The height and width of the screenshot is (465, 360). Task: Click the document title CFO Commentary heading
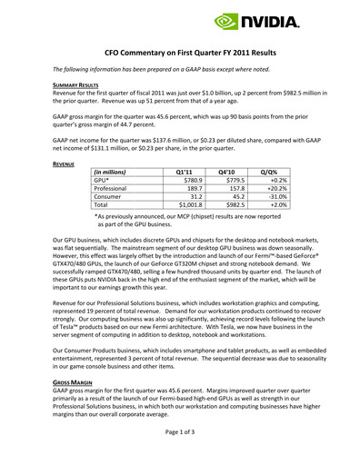179,54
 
